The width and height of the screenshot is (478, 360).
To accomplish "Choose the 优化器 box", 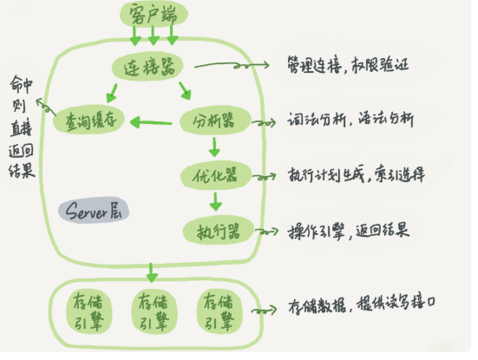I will click(214, 176).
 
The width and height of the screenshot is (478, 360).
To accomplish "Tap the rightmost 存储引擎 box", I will click(214, 311).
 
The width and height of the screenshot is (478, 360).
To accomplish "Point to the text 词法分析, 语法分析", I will click(350, 122).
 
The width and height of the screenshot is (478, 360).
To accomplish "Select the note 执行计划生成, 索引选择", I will click(356, 177).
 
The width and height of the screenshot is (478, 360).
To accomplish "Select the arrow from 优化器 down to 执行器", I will click(214, 204).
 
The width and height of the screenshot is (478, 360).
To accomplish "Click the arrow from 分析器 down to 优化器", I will click(214, 149).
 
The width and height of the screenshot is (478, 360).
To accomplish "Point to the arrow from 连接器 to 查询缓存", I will click(113, 91).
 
